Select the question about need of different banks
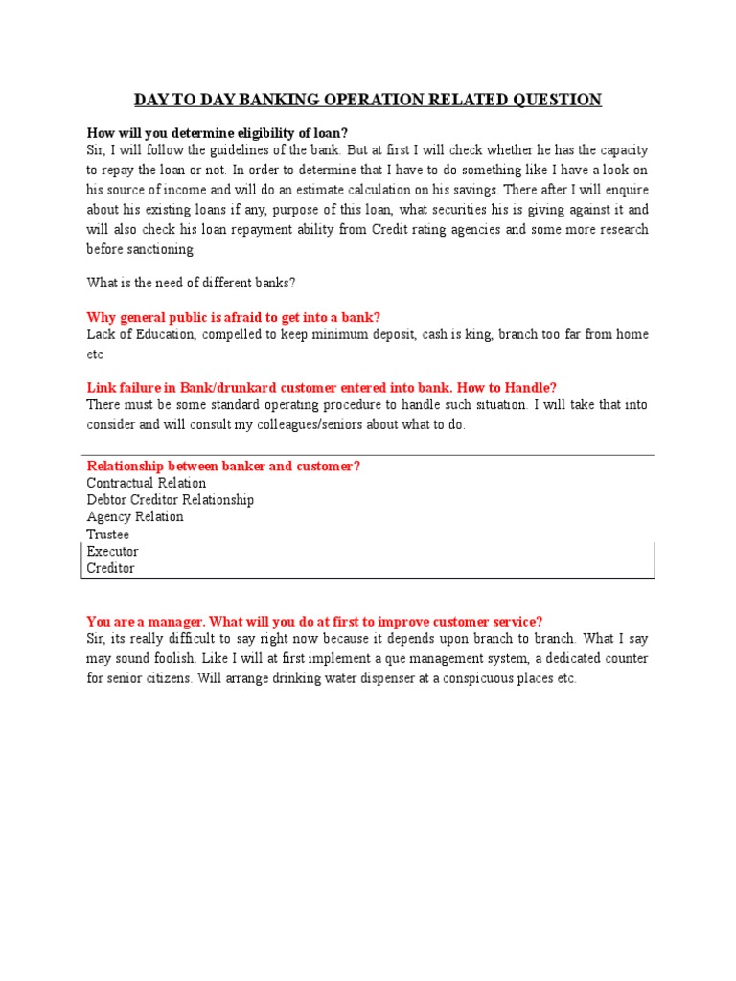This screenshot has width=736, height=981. coord(190,283)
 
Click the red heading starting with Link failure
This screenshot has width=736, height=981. coord(321,388)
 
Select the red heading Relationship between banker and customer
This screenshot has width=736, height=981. coord(223,467)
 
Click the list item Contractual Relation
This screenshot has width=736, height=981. coord(146,484)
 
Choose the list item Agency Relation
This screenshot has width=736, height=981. coord(134,517)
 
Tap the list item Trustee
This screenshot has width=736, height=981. coord(107,535)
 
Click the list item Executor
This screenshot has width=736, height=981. coord(112,552)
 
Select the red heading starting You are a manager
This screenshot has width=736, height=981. coord(314,622)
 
